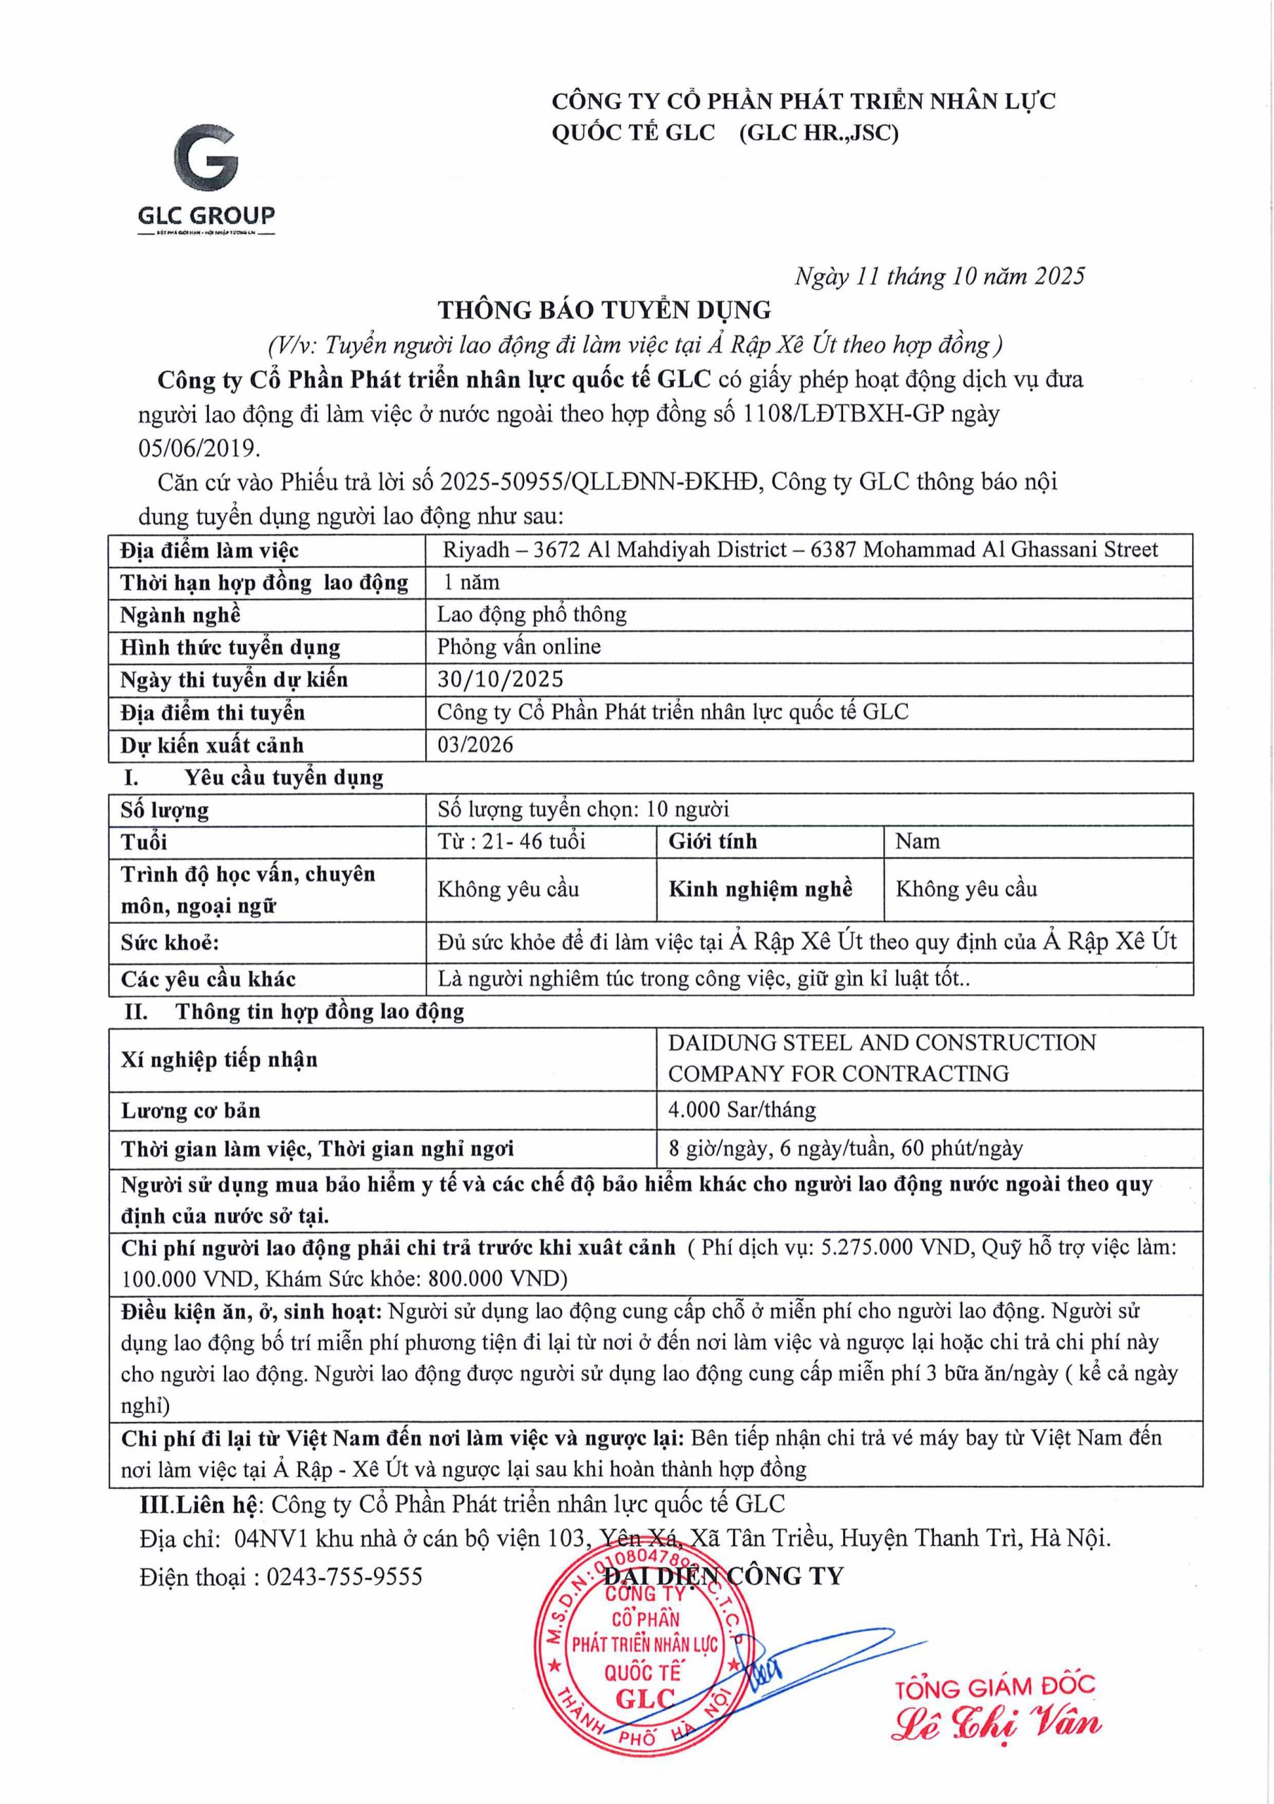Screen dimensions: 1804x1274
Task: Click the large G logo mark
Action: [x=206, y=163]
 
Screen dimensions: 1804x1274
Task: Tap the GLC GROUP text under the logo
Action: [x=206, y=216]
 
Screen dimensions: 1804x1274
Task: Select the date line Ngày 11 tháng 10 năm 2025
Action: [x=939, y=276]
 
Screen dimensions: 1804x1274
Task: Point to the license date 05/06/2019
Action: [x=198, y=448]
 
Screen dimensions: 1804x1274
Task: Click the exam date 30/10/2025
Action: [x=500, y=679]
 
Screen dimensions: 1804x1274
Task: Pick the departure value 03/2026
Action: [x=475, y=744]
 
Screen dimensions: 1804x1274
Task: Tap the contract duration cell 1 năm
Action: [x=472, y=582]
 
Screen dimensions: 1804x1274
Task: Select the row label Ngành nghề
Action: [x=180, y=614]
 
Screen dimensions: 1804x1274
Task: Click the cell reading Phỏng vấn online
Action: [x=519, y=647]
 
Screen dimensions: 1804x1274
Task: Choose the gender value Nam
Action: [x=918, y=841]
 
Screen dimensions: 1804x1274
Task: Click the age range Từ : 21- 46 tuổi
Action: [x=511, y=841]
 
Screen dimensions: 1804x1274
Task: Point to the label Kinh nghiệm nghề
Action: [x=761, y=889]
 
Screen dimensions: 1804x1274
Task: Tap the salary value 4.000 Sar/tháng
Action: [x=742, y=1109]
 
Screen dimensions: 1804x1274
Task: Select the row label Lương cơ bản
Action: [x=190, y=1110]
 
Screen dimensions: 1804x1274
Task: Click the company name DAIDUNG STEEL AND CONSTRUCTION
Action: [x=881, y=1043]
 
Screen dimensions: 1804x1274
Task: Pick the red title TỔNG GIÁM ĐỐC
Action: [x=995, y=1687]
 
